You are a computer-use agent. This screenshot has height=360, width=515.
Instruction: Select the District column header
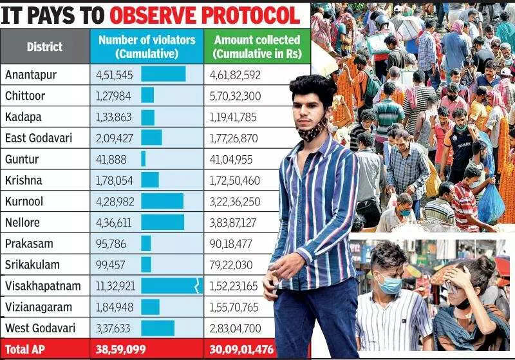[44, 46]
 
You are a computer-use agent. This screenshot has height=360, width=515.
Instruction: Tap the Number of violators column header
[147, 46]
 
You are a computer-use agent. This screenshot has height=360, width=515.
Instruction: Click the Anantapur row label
[31, 75]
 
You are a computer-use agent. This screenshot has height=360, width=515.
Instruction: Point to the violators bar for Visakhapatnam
[171, 286]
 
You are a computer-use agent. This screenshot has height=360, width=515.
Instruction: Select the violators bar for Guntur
[144, 159]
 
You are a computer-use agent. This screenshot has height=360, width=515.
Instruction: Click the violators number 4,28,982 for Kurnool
[114, 202]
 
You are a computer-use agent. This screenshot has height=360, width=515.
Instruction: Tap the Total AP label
[26, 350]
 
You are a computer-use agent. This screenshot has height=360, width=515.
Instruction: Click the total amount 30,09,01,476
[242, 350]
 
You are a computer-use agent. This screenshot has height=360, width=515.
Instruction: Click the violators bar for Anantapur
[163, 75]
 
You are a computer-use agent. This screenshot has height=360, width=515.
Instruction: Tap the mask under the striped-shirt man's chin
[311, 131]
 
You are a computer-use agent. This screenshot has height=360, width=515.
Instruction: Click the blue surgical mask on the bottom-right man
[389, 282]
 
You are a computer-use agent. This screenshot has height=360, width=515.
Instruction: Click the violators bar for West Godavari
[158, 328]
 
